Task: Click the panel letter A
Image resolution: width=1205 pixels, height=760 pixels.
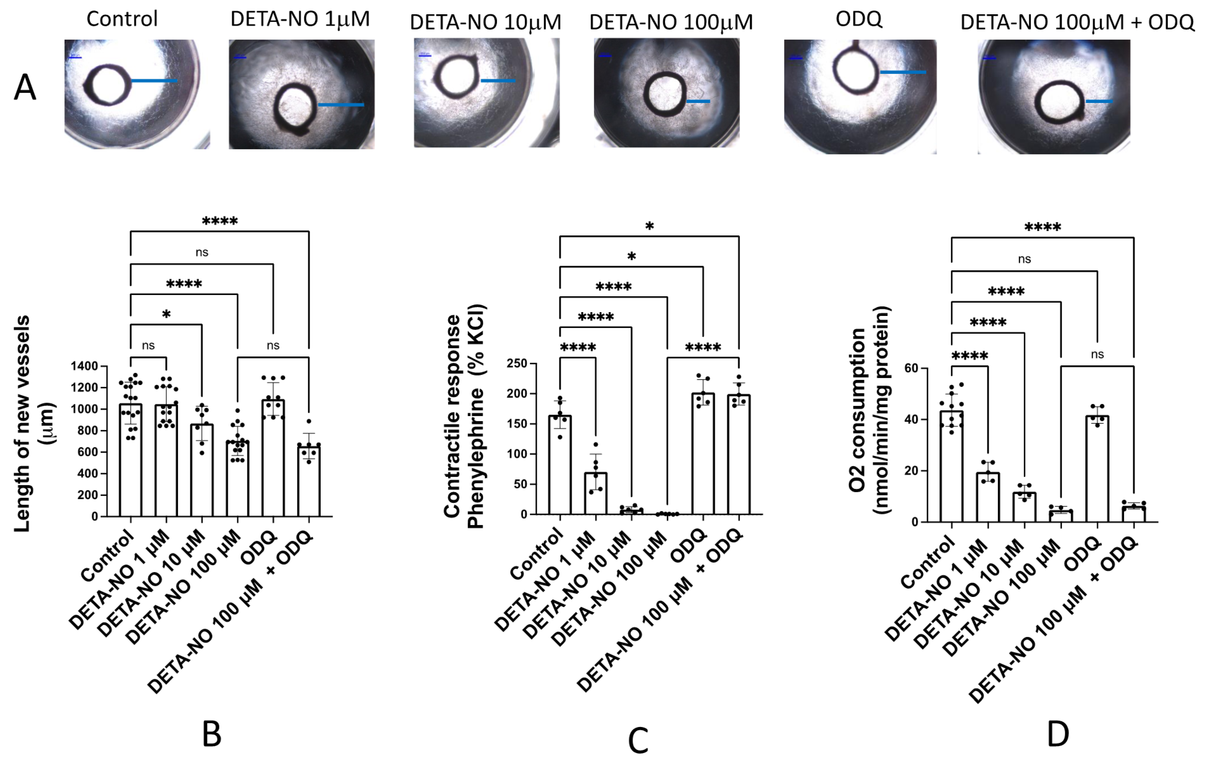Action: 25,88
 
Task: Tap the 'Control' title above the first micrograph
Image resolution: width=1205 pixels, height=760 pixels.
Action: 122,19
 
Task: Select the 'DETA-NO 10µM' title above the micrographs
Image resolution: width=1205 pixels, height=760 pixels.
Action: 485,22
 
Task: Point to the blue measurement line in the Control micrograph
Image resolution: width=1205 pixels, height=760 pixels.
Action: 154,81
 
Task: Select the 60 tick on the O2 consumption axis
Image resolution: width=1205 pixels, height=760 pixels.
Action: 911,369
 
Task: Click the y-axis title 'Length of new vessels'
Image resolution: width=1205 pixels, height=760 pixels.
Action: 22,423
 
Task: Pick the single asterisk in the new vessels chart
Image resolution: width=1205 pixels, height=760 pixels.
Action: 166,314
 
